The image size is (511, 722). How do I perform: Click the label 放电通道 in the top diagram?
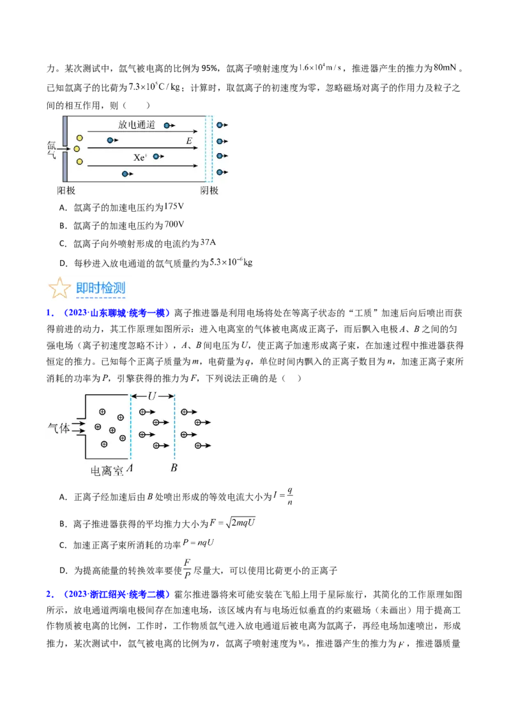[137, 125]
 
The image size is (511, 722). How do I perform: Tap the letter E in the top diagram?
[189, 140]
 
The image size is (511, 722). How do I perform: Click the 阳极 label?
[66, 190]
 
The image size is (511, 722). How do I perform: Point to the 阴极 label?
[210, 190]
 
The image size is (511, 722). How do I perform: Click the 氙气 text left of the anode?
[51, 149]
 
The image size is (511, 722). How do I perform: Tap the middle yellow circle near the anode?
[77, 149]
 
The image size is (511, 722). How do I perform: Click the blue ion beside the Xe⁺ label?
[156, 156]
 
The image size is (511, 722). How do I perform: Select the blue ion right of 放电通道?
[167, 126]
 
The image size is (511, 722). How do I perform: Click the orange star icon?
[59, 288]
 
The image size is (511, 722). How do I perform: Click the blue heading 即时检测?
[101, 288]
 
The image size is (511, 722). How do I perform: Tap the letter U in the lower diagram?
[151, 396]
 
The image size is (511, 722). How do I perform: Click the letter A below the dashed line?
[130, 469]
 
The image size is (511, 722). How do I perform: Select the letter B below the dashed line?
[174, 469]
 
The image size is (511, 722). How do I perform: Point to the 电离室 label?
[107, 471]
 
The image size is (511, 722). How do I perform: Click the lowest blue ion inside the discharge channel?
[125, 173]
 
